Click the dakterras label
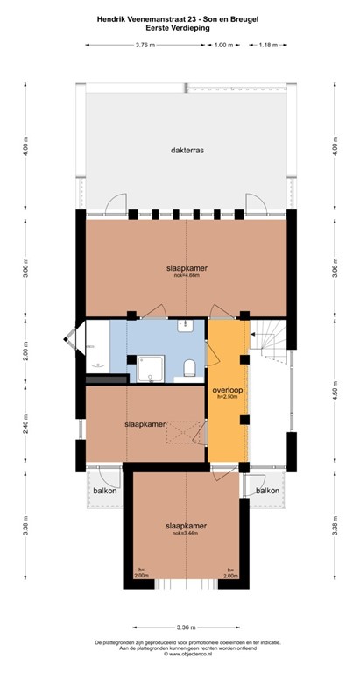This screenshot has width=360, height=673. pos(187,151)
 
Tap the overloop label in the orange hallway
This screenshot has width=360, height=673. pos(226,389)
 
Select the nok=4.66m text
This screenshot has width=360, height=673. pos(187,275)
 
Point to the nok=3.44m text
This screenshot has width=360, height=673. pos(185,533)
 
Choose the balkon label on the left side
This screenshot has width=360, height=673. pos(105,491)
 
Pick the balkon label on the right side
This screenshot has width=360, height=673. pos(267,491)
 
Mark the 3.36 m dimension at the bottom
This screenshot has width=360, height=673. pos(185,627)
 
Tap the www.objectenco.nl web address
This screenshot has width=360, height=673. pos(181,654)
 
